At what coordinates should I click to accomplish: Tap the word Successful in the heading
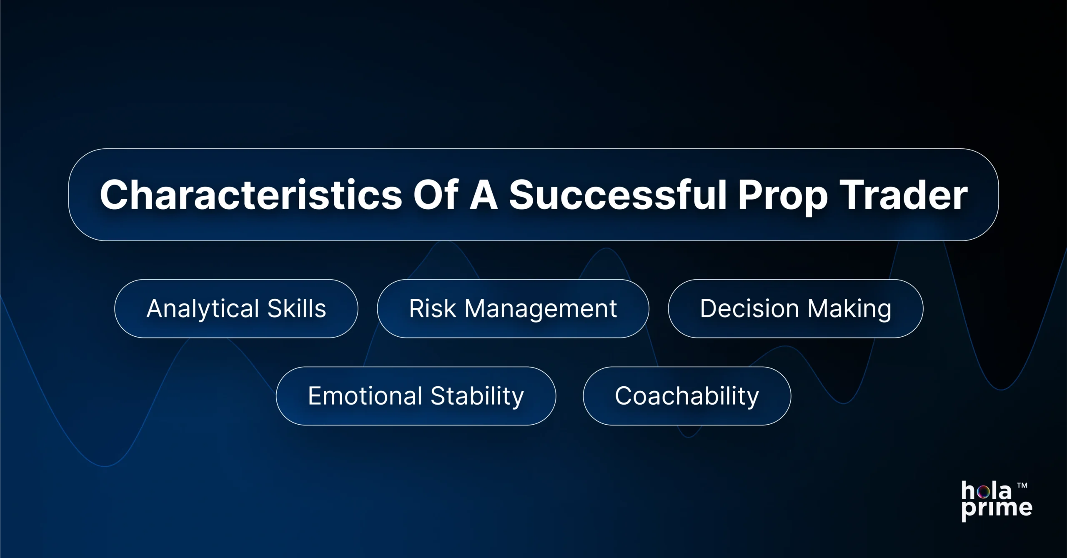tap(618, 195)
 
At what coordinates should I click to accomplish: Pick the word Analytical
tap(203, 309)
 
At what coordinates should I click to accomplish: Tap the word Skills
tap(296, 308)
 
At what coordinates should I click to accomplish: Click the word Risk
tap(432, 308)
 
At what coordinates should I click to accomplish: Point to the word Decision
tap(749, 308)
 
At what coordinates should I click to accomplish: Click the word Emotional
tap(365, 396)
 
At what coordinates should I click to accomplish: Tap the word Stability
tap(477, 396)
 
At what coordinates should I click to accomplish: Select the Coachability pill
tap(686, 396)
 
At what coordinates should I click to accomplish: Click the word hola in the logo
tap(986, 491)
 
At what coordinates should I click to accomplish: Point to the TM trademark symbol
tap(1022, 485)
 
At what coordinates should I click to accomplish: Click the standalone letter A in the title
tap(483, 195)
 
